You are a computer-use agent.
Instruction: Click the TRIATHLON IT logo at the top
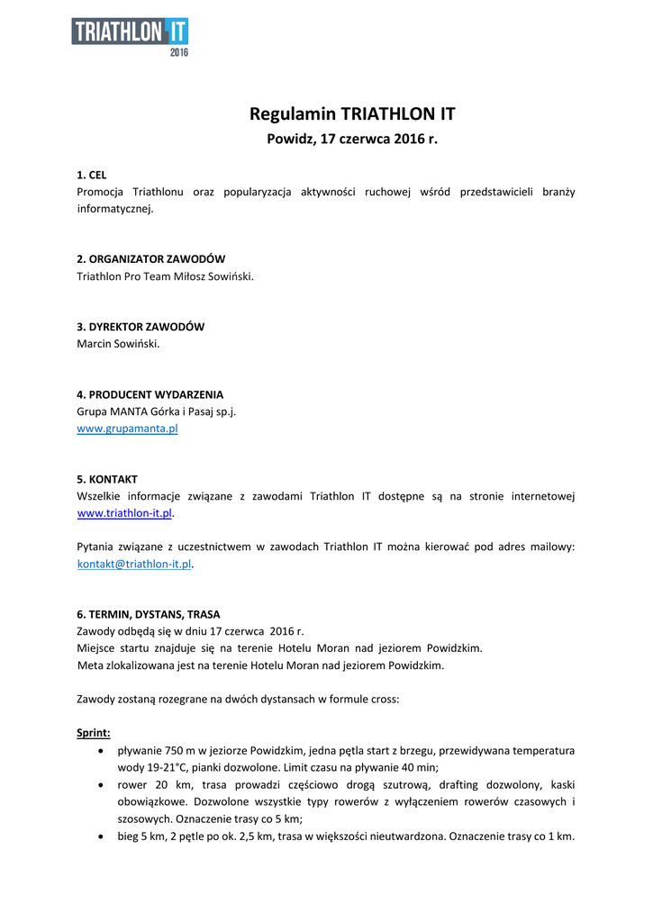[130, 32]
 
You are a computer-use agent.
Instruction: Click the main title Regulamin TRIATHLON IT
[352, 114]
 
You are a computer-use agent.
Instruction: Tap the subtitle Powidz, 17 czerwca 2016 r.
[352, 140]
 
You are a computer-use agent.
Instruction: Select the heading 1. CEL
[92, 175]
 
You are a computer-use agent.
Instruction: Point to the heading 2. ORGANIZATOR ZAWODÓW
[151, 258]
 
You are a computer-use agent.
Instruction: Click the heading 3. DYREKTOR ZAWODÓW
[141, 327]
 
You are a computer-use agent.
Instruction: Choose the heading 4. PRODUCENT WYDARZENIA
[150, 394]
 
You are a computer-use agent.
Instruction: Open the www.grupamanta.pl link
[127, 429]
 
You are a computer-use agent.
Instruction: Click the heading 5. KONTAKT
[107, 479]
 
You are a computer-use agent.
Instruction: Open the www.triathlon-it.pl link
[124, 513]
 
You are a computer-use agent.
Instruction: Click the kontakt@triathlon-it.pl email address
[134, 564]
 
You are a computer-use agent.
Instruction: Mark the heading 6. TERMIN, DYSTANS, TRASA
[149, 614]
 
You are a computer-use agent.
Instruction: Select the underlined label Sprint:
[94, 733]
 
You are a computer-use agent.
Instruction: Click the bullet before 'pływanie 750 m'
[100, 750]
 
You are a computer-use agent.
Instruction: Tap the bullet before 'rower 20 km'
[100, 784]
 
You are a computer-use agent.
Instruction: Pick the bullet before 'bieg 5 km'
[100, 836]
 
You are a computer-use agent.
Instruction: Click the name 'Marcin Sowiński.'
[118, 344]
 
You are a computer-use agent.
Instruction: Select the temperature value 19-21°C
[153, 767]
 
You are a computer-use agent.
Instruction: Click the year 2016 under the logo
[179, 52]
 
